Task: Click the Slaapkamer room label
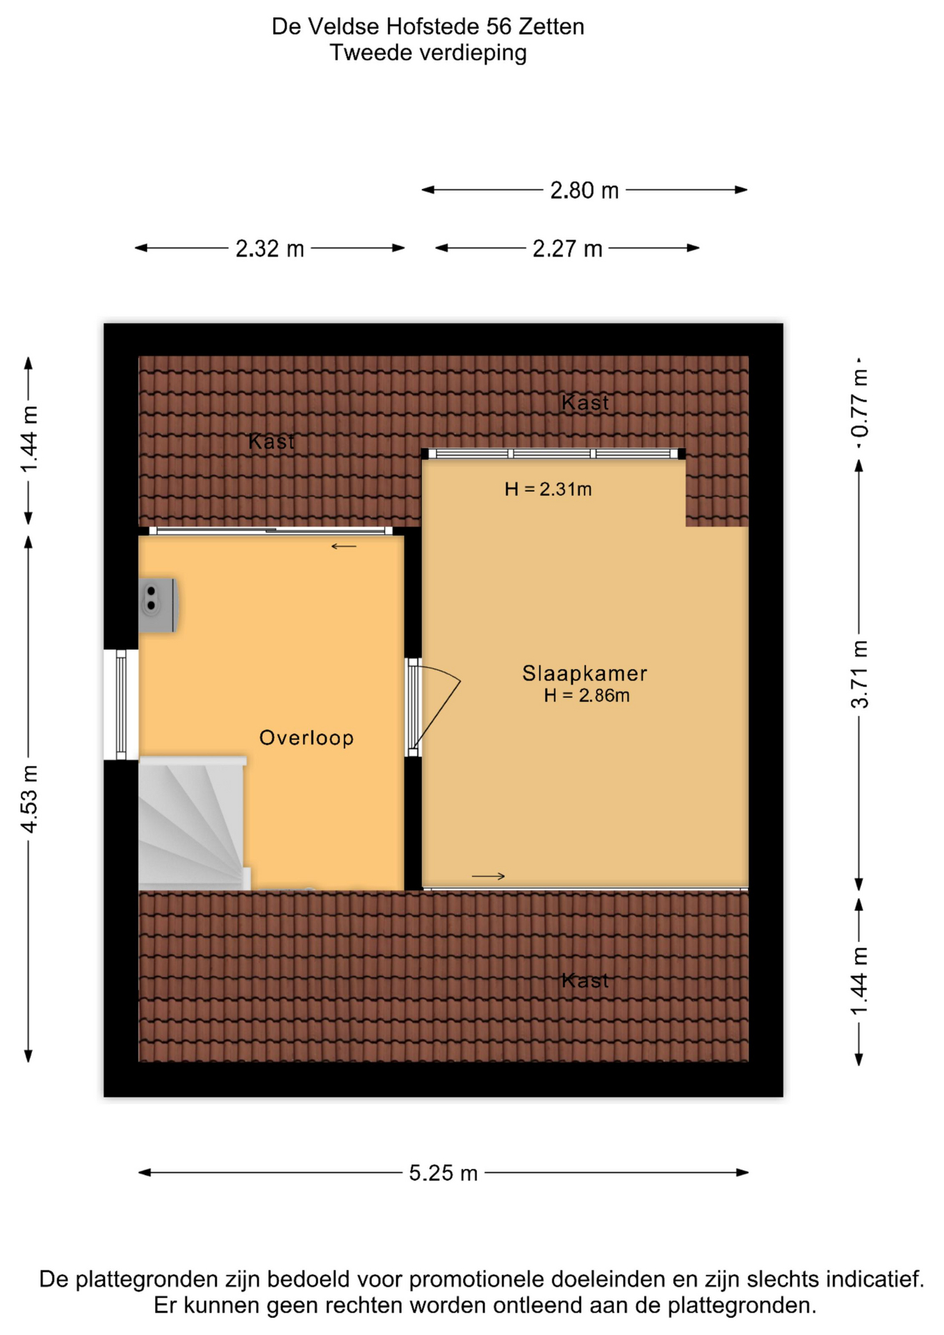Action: point(585,673)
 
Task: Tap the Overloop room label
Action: point(307,738)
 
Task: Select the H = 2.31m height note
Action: point(548,489)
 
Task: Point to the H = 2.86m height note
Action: point(587,695)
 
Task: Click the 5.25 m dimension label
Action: point(443,1173)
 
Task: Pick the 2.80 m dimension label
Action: point(584,190)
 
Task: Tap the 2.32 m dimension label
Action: point(270,248)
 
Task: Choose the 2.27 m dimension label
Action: point(567,248)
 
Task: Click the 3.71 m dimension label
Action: point(859,674)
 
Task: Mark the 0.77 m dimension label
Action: point(859,403)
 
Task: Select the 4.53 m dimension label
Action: point(29,798)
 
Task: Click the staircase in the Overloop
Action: point(193,824)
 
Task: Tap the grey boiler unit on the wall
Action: point(158,605)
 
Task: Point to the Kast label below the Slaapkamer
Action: point(585,980)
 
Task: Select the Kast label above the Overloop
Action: point(271,441)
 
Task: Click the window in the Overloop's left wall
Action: point(121,705)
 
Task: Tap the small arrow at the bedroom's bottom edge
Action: point(488,876)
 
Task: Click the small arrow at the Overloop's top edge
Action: point(343,547)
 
